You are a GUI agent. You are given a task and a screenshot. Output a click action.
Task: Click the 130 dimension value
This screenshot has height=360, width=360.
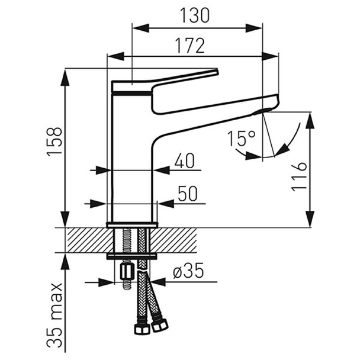(194, 15)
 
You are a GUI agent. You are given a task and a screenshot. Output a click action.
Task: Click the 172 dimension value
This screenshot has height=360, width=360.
(189, 46)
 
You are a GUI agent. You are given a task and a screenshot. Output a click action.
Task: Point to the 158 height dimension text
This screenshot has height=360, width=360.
(54, 142)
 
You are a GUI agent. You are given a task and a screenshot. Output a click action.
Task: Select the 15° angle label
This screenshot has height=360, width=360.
(241, 139)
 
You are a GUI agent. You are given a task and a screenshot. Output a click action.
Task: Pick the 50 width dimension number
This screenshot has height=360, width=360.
(188, 194)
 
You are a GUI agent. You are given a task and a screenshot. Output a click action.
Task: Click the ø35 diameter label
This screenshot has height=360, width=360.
(188, 271)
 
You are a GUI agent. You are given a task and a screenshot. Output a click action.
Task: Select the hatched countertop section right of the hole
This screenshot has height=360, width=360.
(174, 240)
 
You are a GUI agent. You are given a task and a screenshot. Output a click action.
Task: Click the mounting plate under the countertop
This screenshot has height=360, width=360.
(132, 257)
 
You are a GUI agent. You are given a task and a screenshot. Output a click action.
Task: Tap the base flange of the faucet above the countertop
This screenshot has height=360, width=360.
(132, 225)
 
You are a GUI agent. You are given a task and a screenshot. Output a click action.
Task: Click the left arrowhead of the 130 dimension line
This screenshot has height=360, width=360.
(141, 28)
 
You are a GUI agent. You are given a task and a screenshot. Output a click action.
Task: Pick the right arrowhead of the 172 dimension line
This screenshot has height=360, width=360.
(270, 56)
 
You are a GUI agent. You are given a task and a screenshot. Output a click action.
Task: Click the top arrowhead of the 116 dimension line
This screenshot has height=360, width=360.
(310, 120)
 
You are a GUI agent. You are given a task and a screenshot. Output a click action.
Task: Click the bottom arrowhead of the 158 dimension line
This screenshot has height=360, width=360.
(66, 220)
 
